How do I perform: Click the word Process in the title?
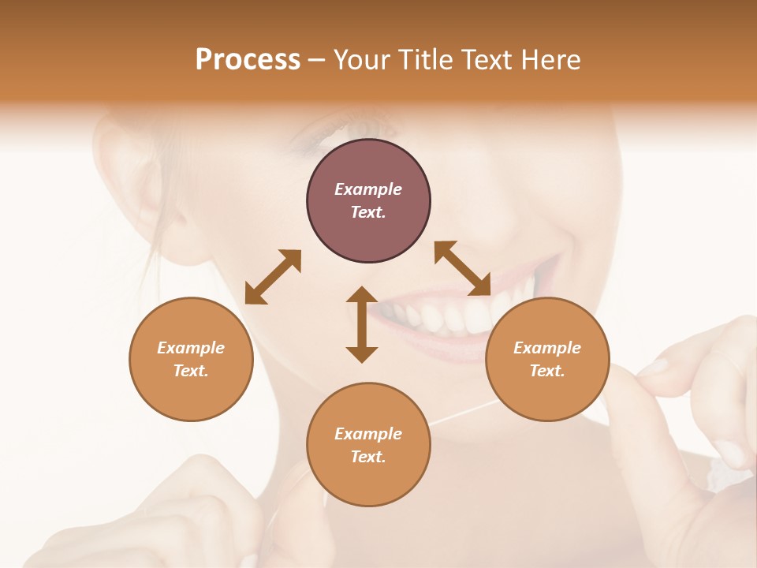click(248, 60)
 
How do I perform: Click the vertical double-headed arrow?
click(362, 325)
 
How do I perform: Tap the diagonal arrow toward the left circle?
click(273, 277)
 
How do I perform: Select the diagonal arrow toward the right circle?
click(462, 268)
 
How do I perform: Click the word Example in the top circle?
click(368, 189)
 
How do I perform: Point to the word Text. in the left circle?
click(191, 371)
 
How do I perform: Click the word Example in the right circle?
click(547, 348)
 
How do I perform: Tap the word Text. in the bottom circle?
click(368, 457)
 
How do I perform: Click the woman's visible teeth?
click(442, 316)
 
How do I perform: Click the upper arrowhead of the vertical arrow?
click(362, 296)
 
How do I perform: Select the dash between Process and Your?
click(317, 61)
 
